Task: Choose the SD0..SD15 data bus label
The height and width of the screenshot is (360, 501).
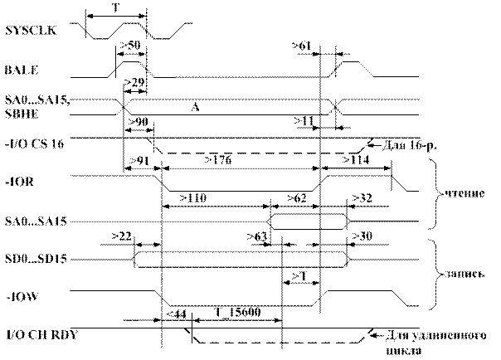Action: coord(34,259)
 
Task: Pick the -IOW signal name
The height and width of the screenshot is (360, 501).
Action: coord(17,296)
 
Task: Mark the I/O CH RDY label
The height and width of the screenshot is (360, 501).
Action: coord(34,336)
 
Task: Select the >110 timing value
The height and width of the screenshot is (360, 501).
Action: coord(192,197)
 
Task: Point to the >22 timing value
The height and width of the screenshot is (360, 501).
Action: coord(121,236)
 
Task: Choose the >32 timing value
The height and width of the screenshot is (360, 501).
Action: coord(362,197)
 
